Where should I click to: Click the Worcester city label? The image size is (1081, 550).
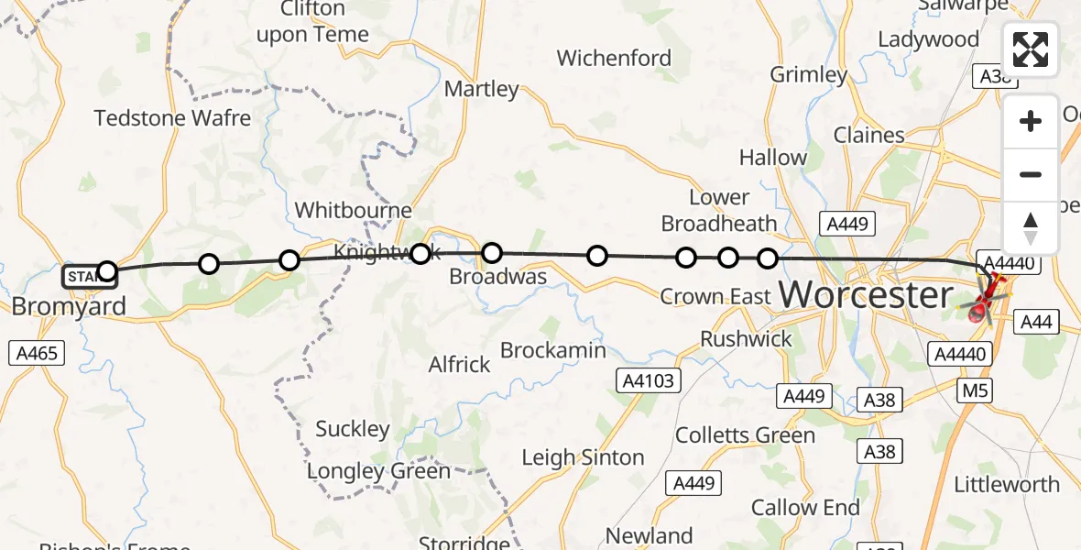click(x=866, y=295)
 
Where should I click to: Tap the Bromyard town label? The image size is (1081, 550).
click(x=69, y=306)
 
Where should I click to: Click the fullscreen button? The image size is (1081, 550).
click(x=1030, y=49)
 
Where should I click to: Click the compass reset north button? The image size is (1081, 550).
click(x=1030, y=227)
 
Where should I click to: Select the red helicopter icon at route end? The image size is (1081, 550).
click(x=984, y=300)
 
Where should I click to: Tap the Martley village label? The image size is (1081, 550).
click(x=481, y=90)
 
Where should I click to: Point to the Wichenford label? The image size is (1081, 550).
click(x=614, y=59)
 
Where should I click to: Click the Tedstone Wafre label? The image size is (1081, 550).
click(x=172, y=118)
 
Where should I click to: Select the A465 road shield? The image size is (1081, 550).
click(x=38, y=353)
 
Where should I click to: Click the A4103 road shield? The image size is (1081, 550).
click(x=650, y=381)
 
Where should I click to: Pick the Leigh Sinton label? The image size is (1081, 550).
click(x=583, y=457)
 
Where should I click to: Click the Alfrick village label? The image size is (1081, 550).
click(x=460, y=365)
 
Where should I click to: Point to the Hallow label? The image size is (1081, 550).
click(x=773, y=158)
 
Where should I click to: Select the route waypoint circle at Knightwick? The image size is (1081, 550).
click(x=420, y=253)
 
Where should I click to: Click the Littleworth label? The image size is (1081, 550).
click(x=1006, y=485)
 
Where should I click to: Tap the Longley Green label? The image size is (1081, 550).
click(x=378, y=472)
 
